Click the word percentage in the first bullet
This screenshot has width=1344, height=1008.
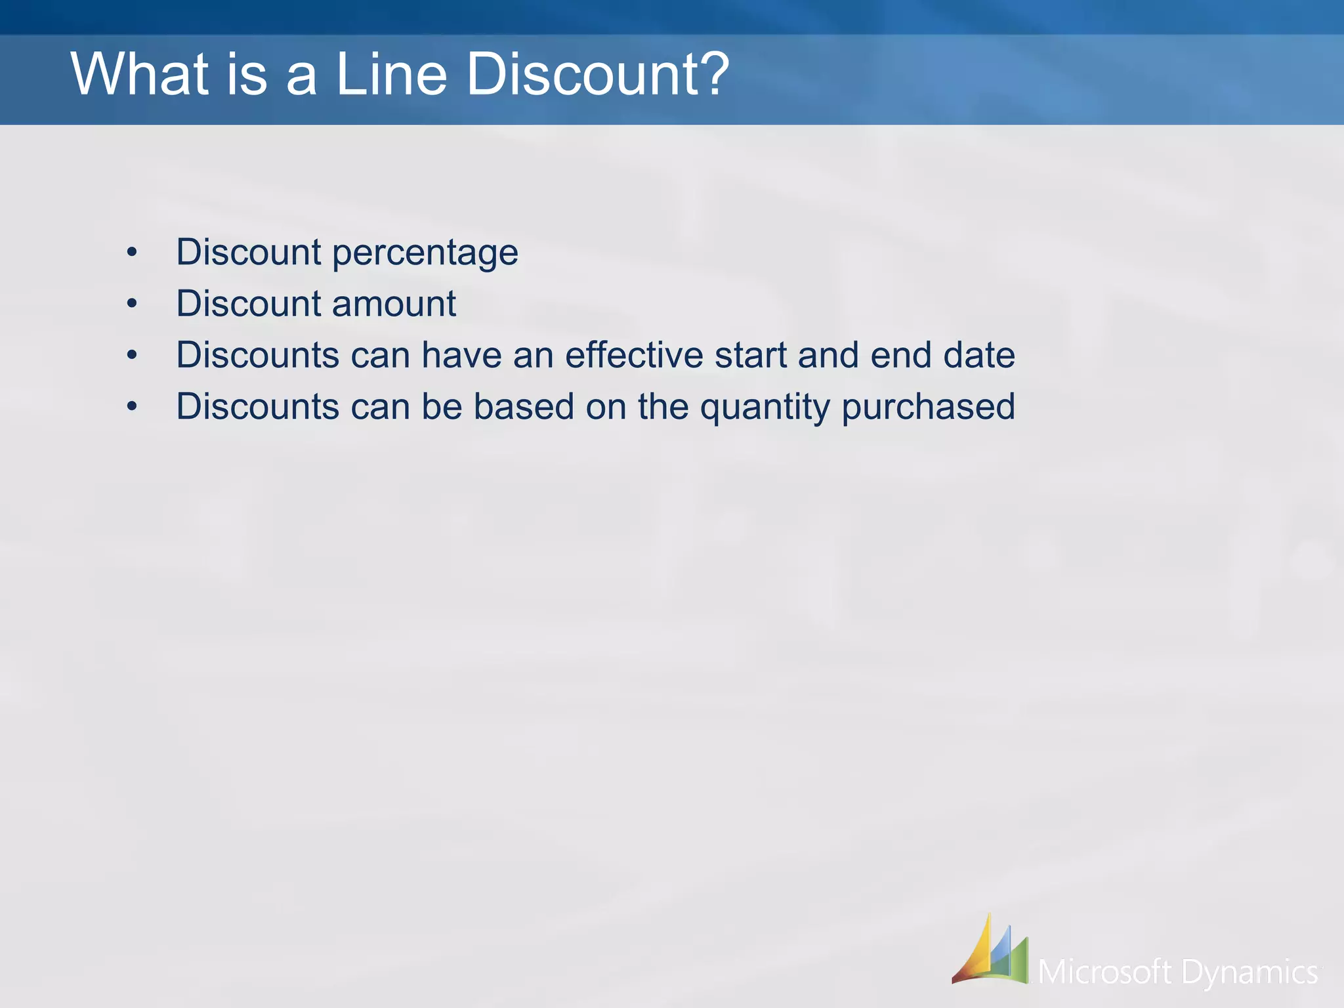(x=425, y=253)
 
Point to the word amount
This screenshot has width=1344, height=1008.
(x=394, y=304)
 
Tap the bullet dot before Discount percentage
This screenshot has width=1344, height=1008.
(x=133, y=253)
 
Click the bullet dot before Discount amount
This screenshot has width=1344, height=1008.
(x=133, y=304)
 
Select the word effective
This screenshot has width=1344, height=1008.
(x=634, y=355)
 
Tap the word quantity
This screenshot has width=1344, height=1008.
(x=765, y=408)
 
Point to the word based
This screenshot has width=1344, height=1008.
(x=524, y=406)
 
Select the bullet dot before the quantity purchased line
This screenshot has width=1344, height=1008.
(x=133, y=407)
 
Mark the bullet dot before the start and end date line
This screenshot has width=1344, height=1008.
(x=133, y=355)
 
